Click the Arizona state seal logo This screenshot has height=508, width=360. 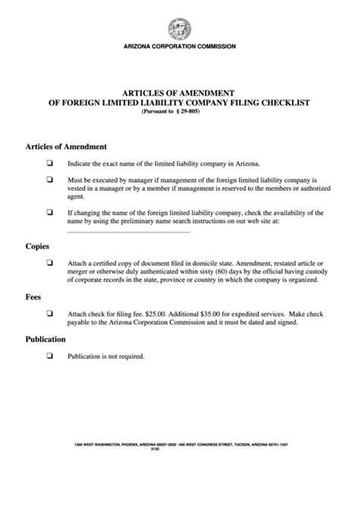pos(180,29)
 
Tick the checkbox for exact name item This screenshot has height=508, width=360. pos(49,162)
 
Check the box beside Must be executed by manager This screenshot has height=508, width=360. pos(49,179)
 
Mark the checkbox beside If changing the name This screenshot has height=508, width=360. pos(49,213)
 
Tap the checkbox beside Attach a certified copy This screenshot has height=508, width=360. pos(49,263)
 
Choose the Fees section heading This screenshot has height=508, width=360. pos(36,297)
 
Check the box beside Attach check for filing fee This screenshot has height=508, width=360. pos(49,314)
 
